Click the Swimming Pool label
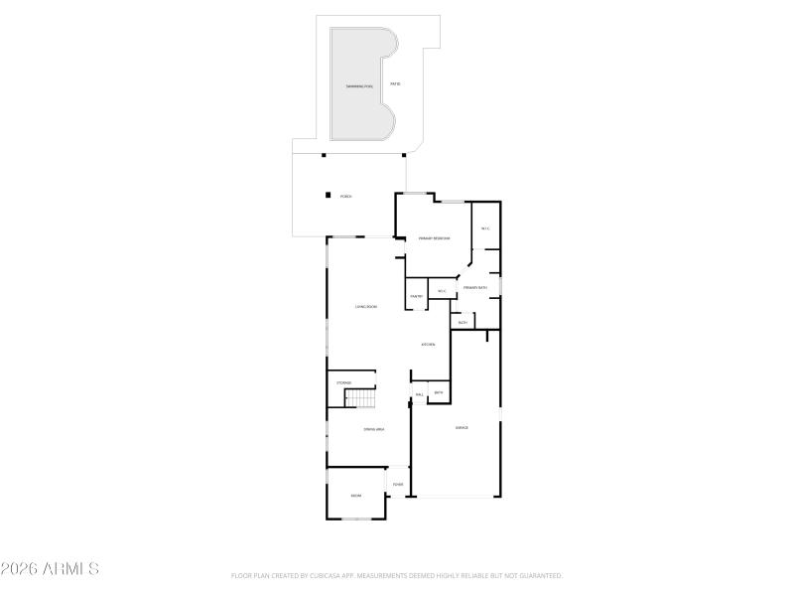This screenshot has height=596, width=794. click(359, 86)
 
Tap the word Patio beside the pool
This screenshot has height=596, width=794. click(395, 82)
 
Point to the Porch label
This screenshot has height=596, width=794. click(346, 197)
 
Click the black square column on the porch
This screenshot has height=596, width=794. click(328, 195)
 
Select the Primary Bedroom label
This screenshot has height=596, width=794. click(434, 238)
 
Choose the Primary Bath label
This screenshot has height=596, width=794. click(474, 288)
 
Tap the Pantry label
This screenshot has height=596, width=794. click(417, 296)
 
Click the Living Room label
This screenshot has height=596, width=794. click(366, 306)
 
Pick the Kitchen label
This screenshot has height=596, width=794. click(429, 345)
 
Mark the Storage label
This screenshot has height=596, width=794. click(343, 382)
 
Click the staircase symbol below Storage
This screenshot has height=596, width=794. click(359, 397)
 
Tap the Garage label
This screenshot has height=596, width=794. click(462, 427)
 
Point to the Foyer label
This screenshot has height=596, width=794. click(398, 485)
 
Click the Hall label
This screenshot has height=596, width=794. click(420, 394)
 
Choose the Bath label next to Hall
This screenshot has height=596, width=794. click(438, 393)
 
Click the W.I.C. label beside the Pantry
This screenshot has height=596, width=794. click(442, 291)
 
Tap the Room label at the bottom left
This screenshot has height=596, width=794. click(355, 495)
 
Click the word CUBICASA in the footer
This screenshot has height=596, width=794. click(325, 575)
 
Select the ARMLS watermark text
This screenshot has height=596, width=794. click(50, 569)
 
